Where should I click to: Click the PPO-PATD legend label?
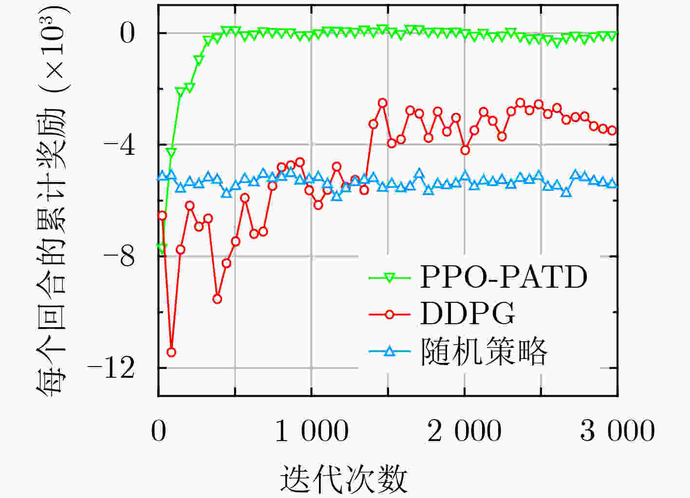504,277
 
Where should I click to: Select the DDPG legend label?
467,314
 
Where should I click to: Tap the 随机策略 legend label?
484,351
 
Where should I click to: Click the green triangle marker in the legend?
390,277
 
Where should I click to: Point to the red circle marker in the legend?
390,314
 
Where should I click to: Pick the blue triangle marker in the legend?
390,351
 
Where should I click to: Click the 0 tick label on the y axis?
127,33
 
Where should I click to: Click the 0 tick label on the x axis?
159,431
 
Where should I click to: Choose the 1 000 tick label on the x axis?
312,431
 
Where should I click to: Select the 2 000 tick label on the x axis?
465,431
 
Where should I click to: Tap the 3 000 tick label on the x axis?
617,431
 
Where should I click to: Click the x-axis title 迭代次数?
344,479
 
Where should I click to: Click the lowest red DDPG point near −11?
171,352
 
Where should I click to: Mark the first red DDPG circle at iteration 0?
162,216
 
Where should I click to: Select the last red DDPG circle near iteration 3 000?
613,130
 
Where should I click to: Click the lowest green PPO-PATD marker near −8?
162,247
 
